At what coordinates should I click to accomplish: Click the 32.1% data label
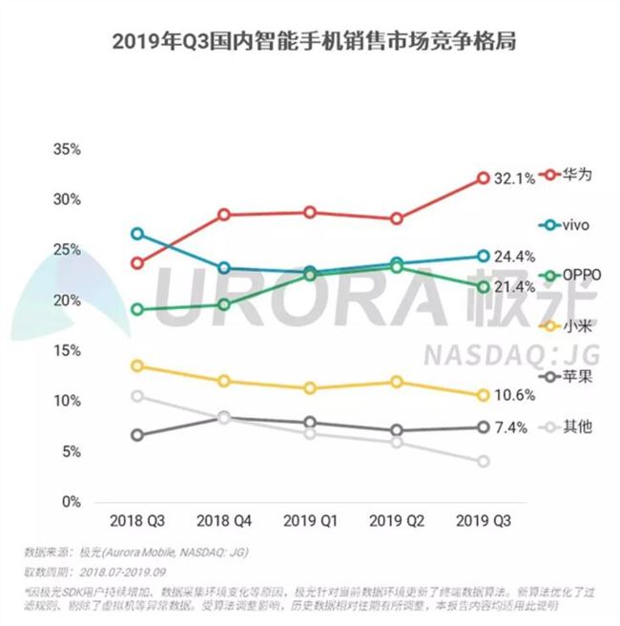click(x=514, y=178)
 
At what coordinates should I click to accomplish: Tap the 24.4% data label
click(x=514, y=257)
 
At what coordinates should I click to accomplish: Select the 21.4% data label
click(x=514, y=286)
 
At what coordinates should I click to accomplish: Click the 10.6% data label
click(x=514, y=395)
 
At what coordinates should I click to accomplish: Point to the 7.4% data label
click(x=511, y=428)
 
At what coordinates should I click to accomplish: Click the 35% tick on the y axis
click(x=67, y=150)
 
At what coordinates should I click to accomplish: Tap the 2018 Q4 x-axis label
click(x=223, y=522)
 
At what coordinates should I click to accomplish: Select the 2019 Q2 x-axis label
click(x=397, y=522)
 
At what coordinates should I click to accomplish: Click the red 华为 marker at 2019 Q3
click(x=483, y=178)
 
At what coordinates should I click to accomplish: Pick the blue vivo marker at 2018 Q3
click(x=137, y=234)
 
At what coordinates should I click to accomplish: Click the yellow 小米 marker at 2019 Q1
click(x=310, y=388)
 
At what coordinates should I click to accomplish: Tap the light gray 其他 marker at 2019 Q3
click(x=483, y=462)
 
